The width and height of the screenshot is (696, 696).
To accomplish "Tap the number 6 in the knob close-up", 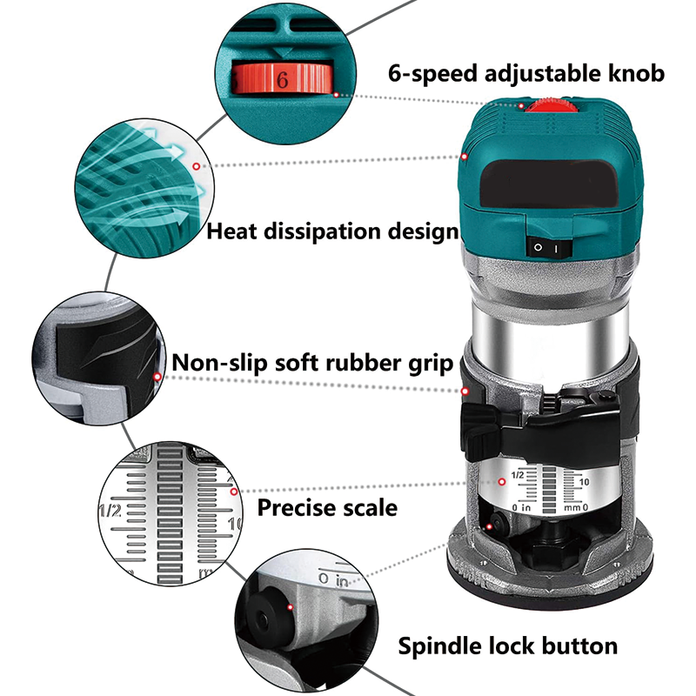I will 282,80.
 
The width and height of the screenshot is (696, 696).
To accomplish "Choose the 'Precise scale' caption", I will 327,507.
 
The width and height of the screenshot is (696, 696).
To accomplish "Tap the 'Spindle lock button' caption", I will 508,646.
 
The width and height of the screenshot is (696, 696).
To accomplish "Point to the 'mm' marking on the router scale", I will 570,507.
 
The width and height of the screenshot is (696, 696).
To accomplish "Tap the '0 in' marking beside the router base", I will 333,578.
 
